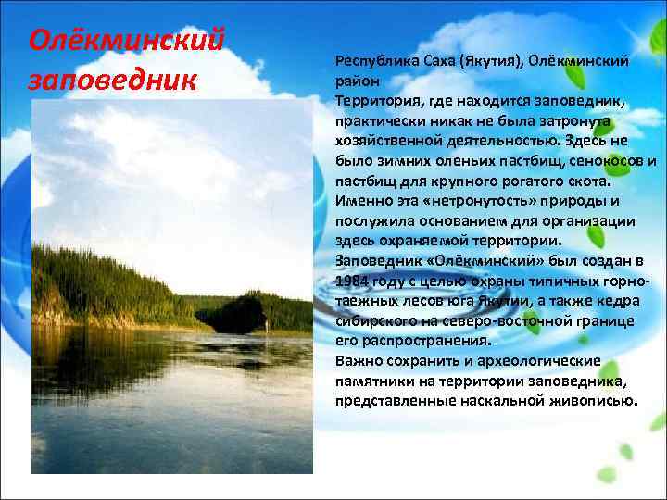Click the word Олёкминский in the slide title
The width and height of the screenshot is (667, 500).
pyautogui.click(x=128, y=40)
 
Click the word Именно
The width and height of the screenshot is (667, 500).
pyautogui.click(x=359, y=201)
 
